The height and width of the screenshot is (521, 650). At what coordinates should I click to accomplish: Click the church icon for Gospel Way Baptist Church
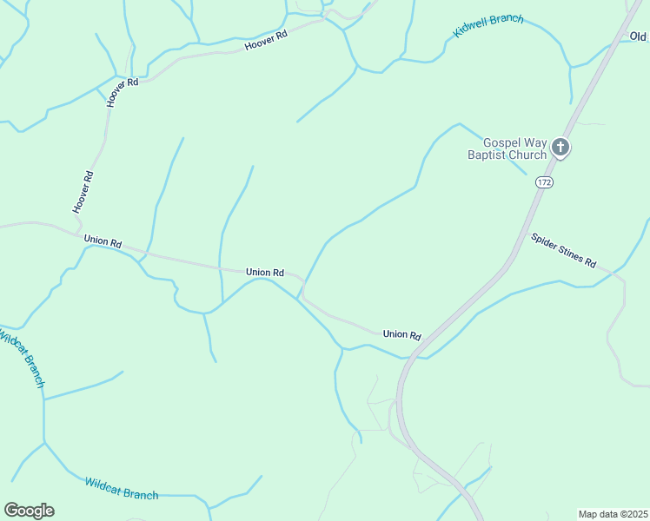pyautogui.click(x=560, y=148)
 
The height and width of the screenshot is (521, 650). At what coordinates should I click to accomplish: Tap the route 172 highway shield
pyautogui.click(x=545, y=182)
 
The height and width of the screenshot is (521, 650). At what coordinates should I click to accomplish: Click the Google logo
pyautogui.click(x=29, y=511)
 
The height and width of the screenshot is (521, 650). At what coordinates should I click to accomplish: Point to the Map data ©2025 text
pyautogui.click(x=613, y=514)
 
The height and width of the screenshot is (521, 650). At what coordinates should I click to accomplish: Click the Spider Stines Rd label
pyautogui.click(x=564, y=250)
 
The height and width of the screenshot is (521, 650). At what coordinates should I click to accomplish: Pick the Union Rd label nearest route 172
pyautogui.click(x=401, y=334)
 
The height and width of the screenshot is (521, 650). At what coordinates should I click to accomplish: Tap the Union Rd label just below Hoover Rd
pyautogui.click(x=103, y=241)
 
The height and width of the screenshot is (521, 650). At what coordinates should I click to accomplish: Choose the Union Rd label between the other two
pyautogui.click(x=265, y=272)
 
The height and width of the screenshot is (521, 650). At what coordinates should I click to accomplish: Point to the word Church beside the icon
pyautogui.click(x=530, y=155)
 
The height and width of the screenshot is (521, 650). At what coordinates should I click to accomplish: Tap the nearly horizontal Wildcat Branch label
pyautogui.click(x=122, y=488)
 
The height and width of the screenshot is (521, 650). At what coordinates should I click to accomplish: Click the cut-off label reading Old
pyautogui.click(x=639, y=36)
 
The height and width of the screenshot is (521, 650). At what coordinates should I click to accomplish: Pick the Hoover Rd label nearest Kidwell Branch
pyautogui.click(x=266, y=40)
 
